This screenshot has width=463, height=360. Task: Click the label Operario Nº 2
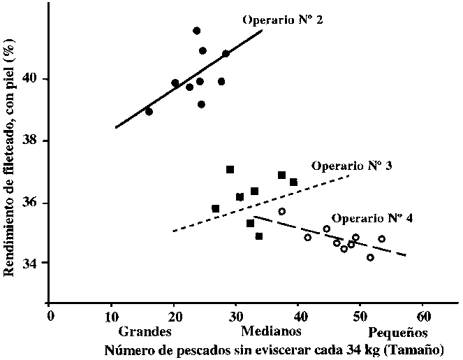pyautogui.click(x=282, y=20)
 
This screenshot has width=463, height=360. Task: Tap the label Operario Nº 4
pyautogui.click(x=372, y=218)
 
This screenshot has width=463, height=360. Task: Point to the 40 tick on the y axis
pyautogui.click(x=32, y=79)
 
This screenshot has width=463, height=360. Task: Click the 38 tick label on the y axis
pyautogui.click(x=32, y=141)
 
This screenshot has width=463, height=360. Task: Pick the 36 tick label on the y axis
pyautogui.click(x=32, y=203)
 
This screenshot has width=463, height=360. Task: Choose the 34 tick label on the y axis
pyautogui.click(x=32, y=263)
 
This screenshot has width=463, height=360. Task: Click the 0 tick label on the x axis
pyautogui.click(x=50, y=315)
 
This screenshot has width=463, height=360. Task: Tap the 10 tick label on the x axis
pyautogui.click(x=111, y=315)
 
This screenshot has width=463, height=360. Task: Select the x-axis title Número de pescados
pyautogui.click(x=272, y=347)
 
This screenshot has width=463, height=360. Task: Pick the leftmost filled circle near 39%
pyautogui.click(x=149, y=111)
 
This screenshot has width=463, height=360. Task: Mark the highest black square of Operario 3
pyautogui.click(x=230, y=169)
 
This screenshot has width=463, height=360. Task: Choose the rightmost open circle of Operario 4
pyautogui.click(x=382, y=239)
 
